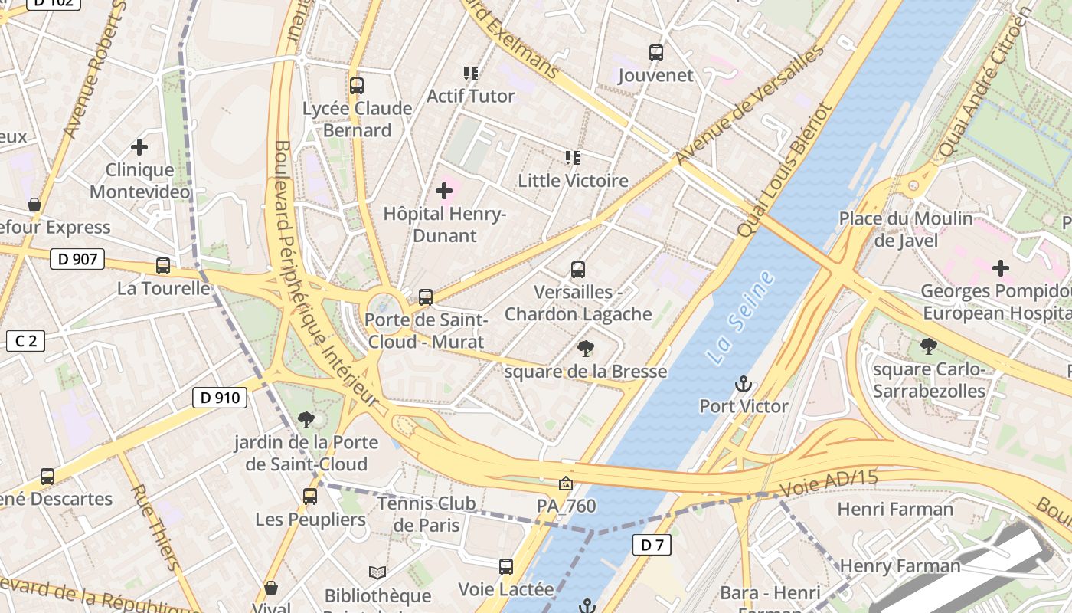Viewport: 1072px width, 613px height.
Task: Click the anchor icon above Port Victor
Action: pos(743,384)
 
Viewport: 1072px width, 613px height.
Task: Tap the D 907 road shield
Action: pos(77,259)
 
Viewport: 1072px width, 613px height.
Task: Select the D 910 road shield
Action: pos(219,398)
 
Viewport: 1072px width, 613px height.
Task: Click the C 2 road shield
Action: pos(25,341)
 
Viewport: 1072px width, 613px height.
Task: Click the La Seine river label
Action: pos(740,317)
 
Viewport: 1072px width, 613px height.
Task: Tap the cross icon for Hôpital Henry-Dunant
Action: pos(444,191)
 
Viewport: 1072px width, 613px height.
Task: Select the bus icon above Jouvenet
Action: pos(655,53)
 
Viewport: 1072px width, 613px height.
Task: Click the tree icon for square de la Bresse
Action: pos(586,349)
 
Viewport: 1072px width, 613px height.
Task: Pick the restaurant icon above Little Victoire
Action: pos(572,158)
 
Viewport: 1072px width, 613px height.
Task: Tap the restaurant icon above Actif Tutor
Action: pos(470,74)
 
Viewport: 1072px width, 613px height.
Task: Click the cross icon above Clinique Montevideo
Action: pos(139,146)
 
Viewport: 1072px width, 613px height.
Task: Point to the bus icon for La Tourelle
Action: pos(163,266)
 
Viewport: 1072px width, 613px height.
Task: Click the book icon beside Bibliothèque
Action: pos(377,572)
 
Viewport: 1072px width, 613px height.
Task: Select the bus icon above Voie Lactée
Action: pos(505,567)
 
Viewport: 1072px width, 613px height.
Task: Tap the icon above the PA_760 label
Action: pos(565,484)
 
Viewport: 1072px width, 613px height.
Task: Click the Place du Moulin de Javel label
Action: pos(906,229)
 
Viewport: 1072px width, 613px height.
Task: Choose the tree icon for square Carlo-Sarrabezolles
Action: pos(929,346)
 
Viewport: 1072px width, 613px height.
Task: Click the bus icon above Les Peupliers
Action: pos(310,497)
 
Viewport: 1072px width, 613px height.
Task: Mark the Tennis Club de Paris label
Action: pos(427,514)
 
